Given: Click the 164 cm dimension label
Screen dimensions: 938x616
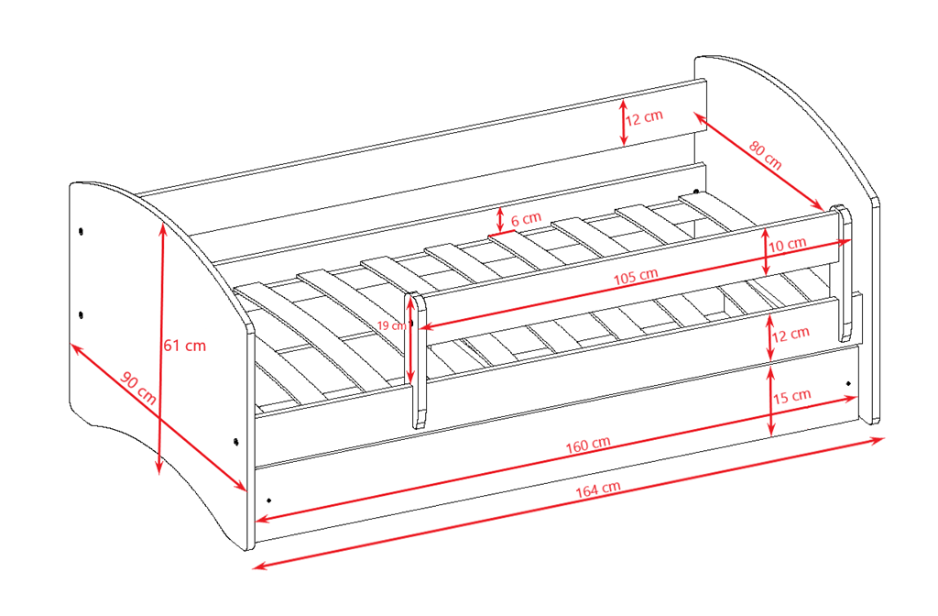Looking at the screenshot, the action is coord(597,489).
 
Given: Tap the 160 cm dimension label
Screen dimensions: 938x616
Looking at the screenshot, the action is coord(588,445).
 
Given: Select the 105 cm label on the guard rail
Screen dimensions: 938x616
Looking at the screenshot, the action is coord(636,276).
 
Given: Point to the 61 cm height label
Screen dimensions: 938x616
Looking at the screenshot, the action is coord(185,346).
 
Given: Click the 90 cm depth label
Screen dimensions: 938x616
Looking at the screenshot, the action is coord(139,388).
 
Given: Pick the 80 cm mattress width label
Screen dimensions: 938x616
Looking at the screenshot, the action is coord(765,155).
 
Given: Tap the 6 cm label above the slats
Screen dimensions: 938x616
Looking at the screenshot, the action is coord(526,218).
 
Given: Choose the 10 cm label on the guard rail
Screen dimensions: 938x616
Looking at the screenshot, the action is coord(787,244).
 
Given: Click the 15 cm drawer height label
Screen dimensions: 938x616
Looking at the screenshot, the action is coord(791,396).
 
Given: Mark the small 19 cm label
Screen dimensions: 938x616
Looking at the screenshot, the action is coord(392,325).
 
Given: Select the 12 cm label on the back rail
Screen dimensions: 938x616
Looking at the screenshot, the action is coord(644,117).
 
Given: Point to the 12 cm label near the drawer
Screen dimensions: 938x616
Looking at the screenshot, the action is coord(791,334).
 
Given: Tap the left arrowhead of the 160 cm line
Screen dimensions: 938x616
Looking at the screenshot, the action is coord(262,519).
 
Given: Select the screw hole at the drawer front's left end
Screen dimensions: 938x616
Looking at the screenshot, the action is coord(268,500).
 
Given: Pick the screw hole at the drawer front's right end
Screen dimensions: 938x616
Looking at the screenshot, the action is coord(848,383).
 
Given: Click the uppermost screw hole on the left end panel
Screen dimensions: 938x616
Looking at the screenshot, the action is coord(81,231).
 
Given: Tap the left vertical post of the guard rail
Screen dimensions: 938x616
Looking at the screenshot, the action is coord(417,359).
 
